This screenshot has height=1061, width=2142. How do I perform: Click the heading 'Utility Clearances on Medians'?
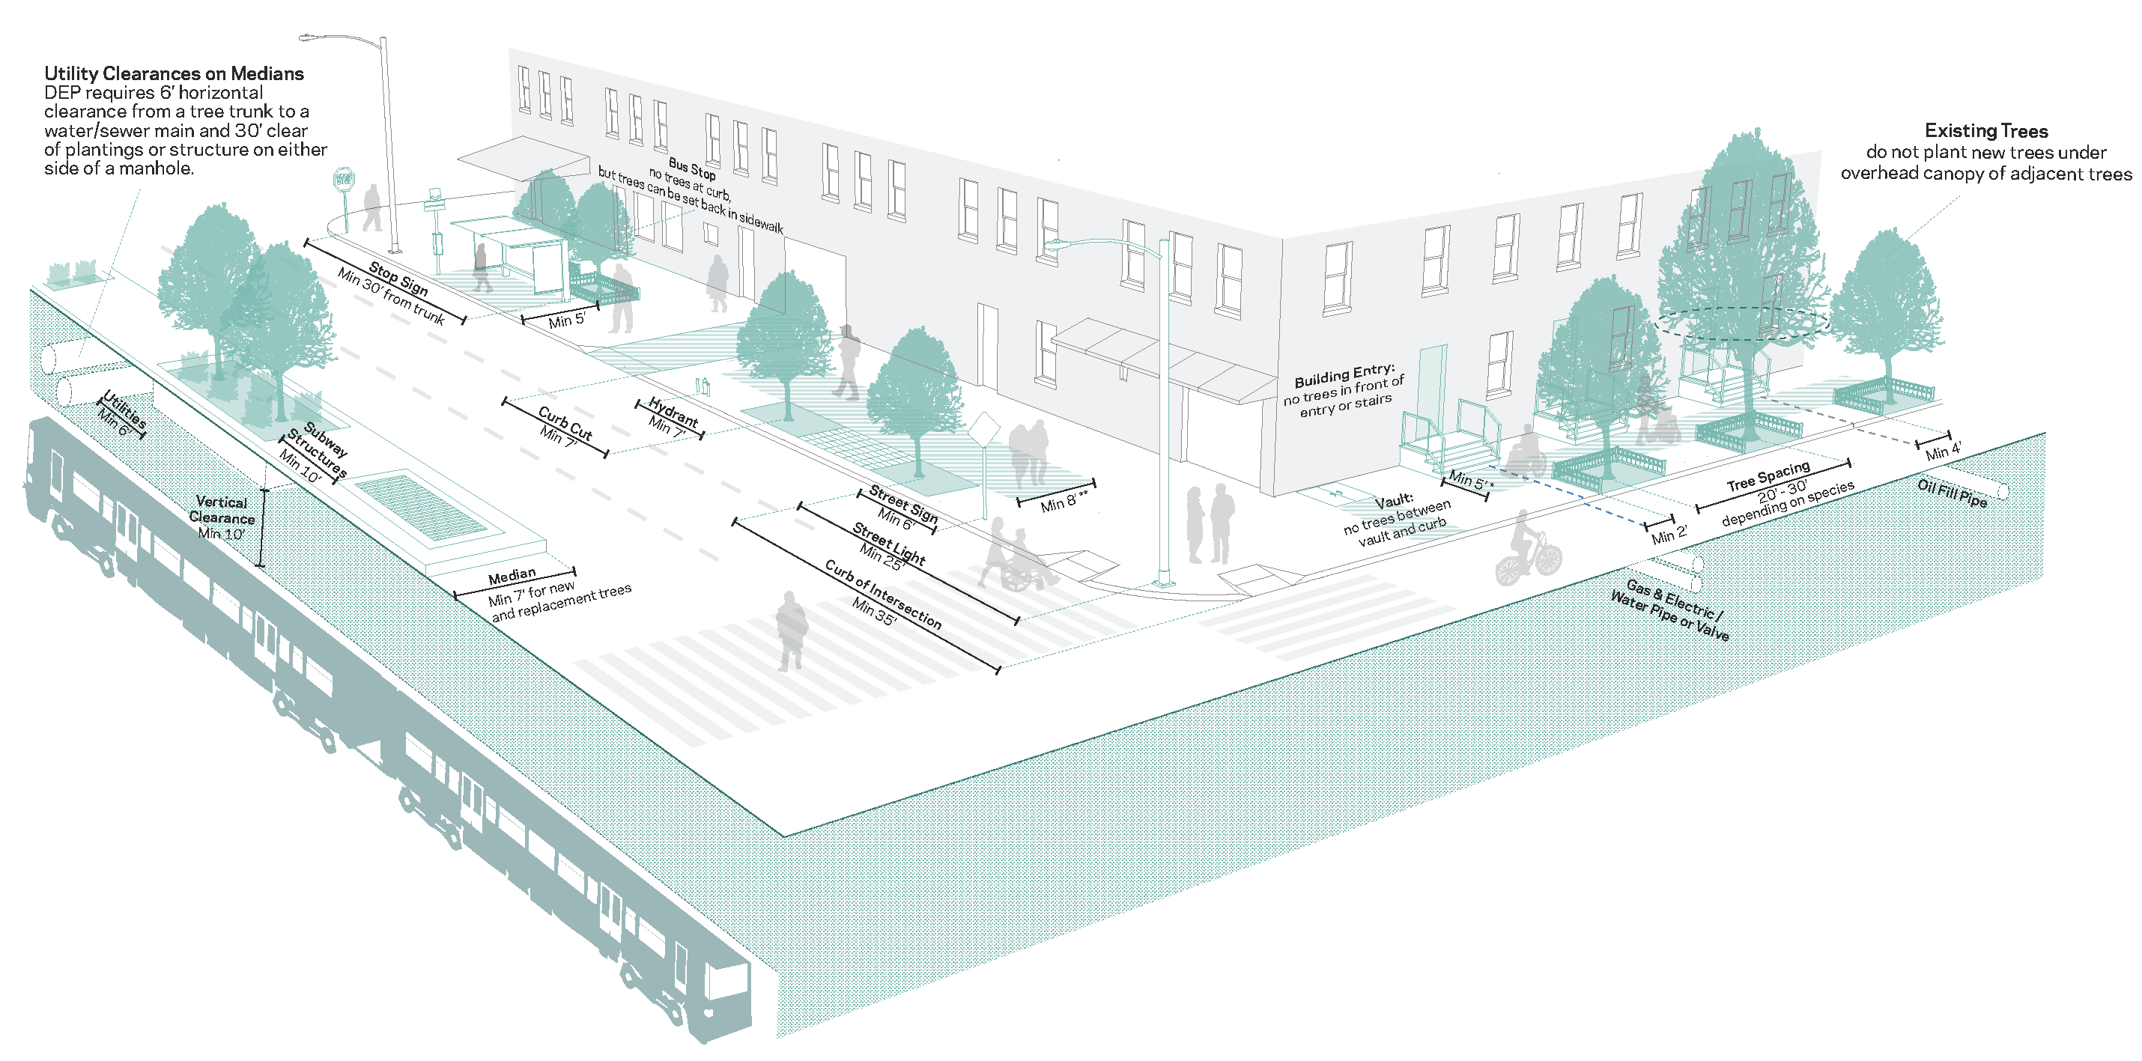click(x=174, y=73)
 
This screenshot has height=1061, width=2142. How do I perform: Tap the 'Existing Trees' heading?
click(x=1985, y=130)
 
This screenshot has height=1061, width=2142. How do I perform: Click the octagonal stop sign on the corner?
click(x=344, y=179)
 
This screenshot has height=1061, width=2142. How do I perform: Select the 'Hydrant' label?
click(x=673, y=411)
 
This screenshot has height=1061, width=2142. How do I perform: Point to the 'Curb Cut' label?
click(x=565, y=422)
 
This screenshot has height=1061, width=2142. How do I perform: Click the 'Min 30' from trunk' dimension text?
click(x=391, y=296)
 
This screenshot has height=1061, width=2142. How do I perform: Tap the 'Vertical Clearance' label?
click(x=221, y=510)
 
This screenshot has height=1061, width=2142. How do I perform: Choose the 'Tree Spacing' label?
click(x=1768, y=476)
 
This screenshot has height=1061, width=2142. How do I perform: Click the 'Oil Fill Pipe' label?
click(x=1952, y=493)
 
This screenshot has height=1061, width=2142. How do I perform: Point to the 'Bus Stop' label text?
click(x=692, y=168)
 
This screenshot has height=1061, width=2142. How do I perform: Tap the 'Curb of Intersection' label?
click(x=883, y=593)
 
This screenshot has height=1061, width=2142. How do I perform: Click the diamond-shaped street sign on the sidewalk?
click(x=985, y=431)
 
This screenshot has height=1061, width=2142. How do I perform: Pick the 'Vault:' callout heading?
click(x=1394, y=502)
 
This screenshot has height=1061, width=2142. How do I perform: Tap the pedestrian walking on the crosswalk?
click(x=791, y=630)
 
